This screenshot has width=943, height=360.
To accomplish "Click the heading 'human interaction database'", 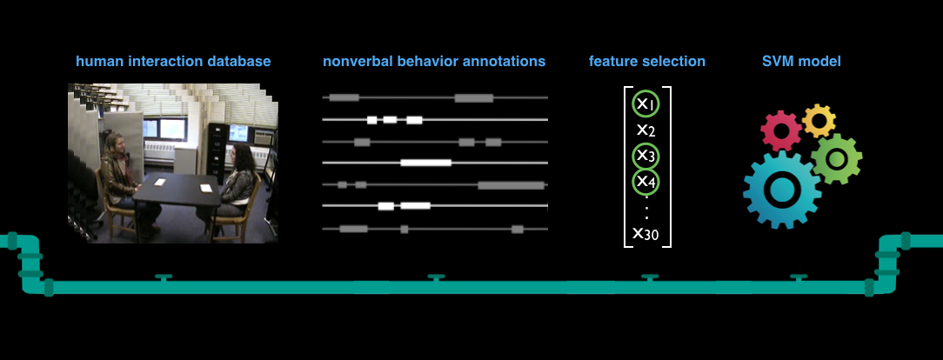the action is pos(173,61).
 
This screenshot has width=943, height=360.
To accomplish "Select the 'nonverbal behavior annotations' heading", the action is pos(434,61).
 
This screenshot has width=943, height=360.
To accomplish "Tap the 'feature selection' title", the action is pos(647,61).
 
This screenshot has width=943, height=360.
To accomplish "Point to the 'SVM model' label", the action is pos(802,61).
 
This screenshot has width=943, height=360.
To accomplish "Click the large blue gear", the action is pos(782,190).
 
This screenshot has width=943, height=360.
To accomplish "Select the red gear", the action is pos(781,130).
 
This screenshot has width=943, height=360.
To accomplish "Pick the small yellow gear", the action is pos(819,122).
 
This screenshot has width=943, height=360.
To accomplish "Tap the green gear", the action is pos(837,158).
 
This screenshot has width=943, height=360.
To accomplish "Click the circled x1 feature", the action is pos(645,104).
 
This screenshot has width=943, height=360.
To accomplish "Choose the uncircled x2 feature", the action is pos(645,130).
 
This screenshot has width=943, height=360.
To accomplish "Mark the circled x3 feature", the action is pos(645,156).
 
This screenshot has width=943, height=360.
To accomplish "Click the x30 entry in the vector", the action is pos(645,233).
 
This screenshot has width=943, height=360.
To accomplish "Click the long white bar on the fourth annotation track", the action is pos(425,163).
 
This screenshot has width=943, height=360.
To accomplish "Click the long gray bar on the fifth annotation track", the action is pos(512,185).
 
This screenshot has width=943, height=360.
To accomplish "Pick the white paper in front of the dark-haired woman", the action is pos(206,188).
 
